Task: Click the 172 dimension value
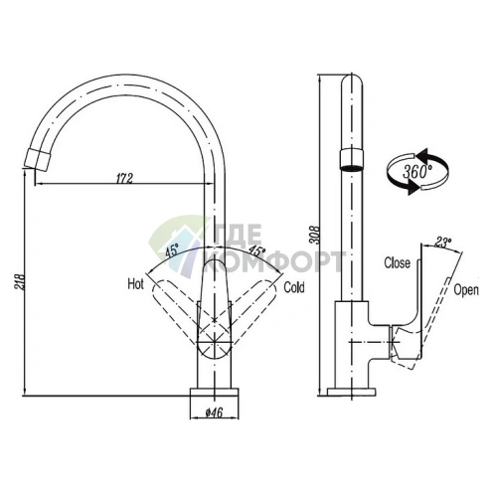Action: pyautogui.click(x=124, y=178)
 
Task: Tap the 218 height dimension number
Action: pyautogui.click(x=20, y=281)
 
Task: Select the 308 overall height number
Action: pyautogui.click(x=314, y=235)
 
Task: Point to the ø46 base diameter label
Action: pyautogui.click(x=214, y=412)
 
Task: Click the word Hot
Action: pyautogui.click(x=136, y=284)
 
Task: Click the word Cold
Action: pyautogui.click(x=294, y=287)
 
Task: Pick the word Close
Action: pyautogui.click(x=397, y=262)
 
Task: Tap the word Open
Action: pyautogui.click(x=466, y=290)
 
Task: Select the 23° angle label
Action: pyautogui.click(x=443, y=243)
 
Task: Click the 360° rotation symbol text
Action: pyautogui.click(x=416, y=172)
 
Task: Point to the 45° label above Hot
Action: pyautogui.click(x=172, y=250)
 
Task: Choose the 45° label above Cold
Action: pyautogui.click(x=257, y=250)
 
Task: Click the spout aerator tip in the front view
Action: pyautogui.click(x=38, y=159)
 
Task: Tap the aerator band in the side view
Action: pyautogui.click(x=351, y=160)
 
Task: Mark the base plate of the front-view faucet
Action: pyautogui.click(x=214, y=392)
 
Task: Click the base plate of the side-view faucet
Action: pyautogui.click(x=351, y=392)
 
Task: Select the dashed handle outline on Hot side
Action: pyautogui.click(x=176, y=311)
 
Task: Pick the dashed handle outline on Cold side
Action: pyautogui.click(x=252, y=310)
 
